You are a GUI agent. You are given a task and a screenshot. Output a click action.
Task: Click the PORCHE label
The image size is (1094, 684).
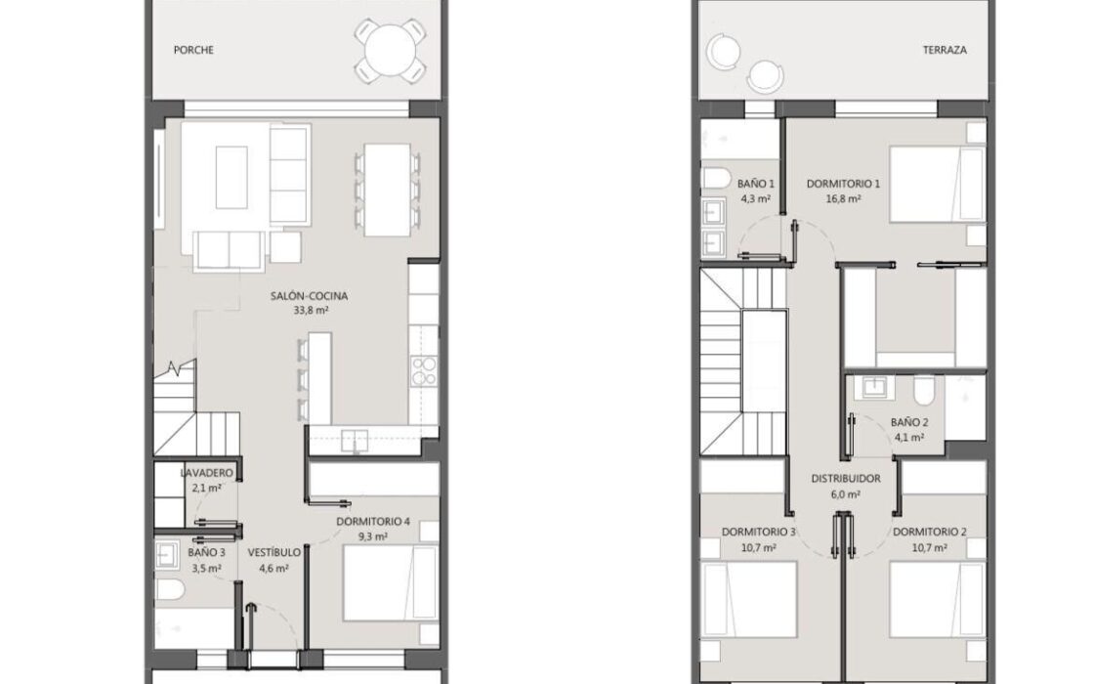tap(193, 50)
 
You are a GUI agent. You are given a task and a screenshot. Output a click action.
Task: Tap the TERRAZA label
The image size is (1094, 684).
tap(945, 50)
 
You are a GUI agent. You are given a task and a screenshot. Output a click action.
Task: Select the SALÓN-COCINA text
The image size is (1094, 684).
tap(309, 296)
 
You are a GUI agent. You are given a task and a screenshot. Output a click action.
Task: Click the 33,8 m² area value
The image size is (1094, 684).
tap(312, 311)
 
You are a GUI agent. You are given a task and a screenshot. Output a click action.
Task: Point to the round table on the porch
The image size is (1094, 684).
tap(391, 50)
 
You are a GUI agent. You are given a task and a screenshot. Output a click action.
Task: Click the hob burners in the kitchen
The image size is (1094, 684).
tap(424, 370)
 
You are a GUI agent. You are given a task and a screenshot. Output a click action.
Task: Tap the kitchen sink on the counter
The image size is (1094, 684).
tap(355, 441)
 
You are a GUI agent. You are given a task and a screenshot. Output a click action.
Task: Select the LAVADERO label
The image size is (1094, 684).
tap(206, 473)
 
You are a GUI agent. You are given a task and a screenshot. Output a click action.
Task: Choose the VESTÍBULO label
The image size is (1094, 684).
tap(274, 553)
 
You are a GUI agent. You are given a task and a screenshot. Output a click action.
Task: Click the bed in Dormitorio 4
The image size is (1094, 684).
tap(391, 582)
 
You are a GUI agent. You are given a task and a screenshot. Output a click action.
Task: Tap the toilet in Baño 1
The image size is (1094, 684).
tap(715, 177)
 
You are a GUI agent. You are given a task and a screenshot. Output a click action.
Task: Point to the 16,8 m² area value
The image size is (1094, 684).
tap(843, 199)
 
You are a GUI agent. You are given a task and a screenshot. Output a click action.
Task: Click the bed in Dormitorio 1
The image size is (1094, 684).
tap(938, 185)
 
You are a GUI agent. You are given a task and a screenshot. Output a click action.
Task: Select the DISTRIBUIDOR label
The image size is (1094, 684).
tap(846, 479)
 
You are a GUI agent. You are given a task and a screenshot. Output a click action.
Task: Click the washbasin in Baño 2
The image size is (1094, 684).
tap(873, 387)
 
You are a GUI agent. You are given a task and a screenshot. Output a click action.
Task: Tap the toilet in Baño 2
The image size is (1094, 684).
tap(924, 391)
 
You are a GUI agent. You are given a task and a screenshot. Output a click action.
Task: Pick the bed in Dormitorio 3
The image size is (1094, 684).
tap(749, 600)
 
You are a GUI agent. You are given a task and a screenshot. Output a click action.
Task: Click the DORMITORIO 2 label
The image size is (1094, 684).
tap(929, 532)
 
